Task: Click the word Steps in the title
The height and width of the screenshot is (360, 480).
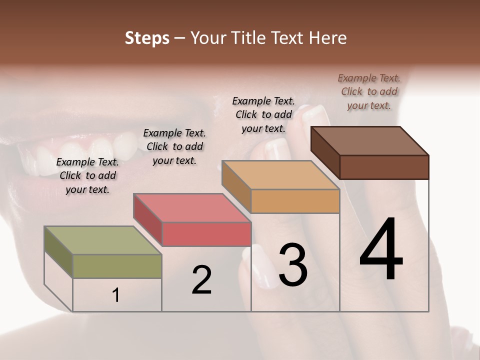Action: coord(147,38)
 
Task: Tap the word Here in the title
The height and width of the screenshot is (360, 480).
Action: coord(328,38)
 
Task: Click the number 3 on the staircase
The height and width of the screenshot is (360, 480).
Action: coord(292,264)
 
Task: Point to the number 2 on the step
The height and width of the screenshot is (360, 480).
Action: coord(201,280)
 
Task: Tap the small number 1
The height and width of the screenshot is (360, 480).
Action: coord(116,295)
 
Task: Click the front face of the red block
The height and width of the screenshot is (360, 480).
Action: coord(206,234)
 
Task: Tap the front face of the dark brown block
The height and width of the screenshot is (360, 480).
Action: coord(384,167)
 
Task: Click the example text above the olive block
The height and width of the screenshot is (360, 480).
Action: coord(87,175)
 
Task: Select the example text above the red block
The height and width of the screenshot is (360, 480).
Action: coord(174,146)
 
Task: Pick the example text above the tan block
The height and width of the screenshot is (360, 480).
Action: coord(263,114)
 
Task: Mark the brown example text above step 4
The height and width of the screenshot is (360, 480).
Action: coord(369,91)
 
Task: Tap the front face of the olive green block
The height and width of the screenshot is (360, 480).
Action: coord(117,266)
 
